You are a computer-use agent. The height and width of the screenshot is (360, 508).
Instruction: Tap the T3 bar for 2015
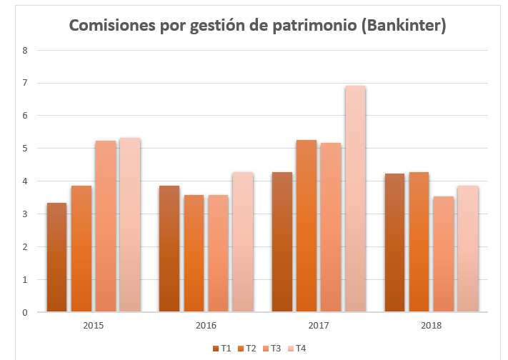(105, 226)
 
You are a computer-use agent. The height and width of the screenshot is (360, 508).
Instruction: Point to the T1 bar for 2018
(394, 242)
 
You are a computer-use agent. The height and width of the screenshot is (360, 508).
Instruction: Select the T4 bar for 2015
(129, 224)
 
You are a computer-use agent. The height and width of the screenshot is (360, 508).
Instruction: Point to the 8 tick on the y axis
(24, 50)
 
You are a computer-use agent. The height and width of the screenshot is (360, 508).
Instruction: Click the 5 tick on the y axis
(24, 149)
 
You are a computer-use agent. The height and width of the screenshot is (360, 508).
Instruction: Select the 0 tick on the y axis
(24, 312)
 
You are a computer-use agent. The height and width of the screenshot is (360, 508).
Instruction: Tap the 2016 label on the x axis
(206, 325)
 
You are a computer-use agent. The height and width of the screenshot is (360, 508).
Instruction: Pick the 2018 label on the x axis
(431, 325)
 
